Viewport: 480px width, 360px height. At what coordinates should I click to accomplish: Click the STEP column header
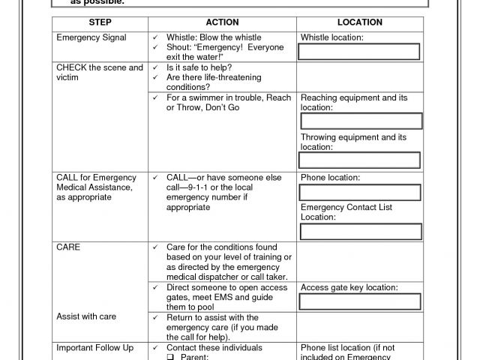100,22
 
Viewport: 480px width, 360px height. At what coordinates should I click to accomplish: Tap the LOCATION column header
360,22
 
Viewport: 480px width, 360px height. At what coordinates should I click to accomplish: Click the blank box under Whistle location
359,52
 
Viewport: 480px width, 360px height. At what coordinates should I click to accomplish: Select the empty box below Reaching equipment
360,121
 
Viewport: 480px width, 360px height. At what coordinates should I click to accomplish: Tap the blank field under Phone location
360,192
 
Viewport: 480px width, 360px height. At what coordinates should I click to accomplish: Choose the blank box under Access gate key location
360,301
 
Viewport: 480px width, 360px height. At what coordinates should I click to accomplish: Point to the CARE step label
68,247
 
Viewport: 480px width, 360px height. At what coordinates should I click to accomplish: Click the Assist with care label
86,316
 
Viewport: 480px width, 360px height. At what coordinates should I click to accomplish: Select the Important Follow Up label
94,348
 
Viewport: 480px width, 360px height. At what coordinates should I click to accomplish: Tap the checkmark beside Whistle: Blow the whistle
154,37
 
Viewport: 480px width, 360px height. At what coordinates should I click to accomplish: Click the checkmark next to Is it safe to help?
154,67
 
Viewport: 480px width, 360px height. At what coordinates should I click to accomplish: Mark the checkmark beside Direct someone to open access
154,287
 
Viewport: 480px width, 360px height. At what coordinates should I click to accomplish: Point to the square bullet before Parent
170,357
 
